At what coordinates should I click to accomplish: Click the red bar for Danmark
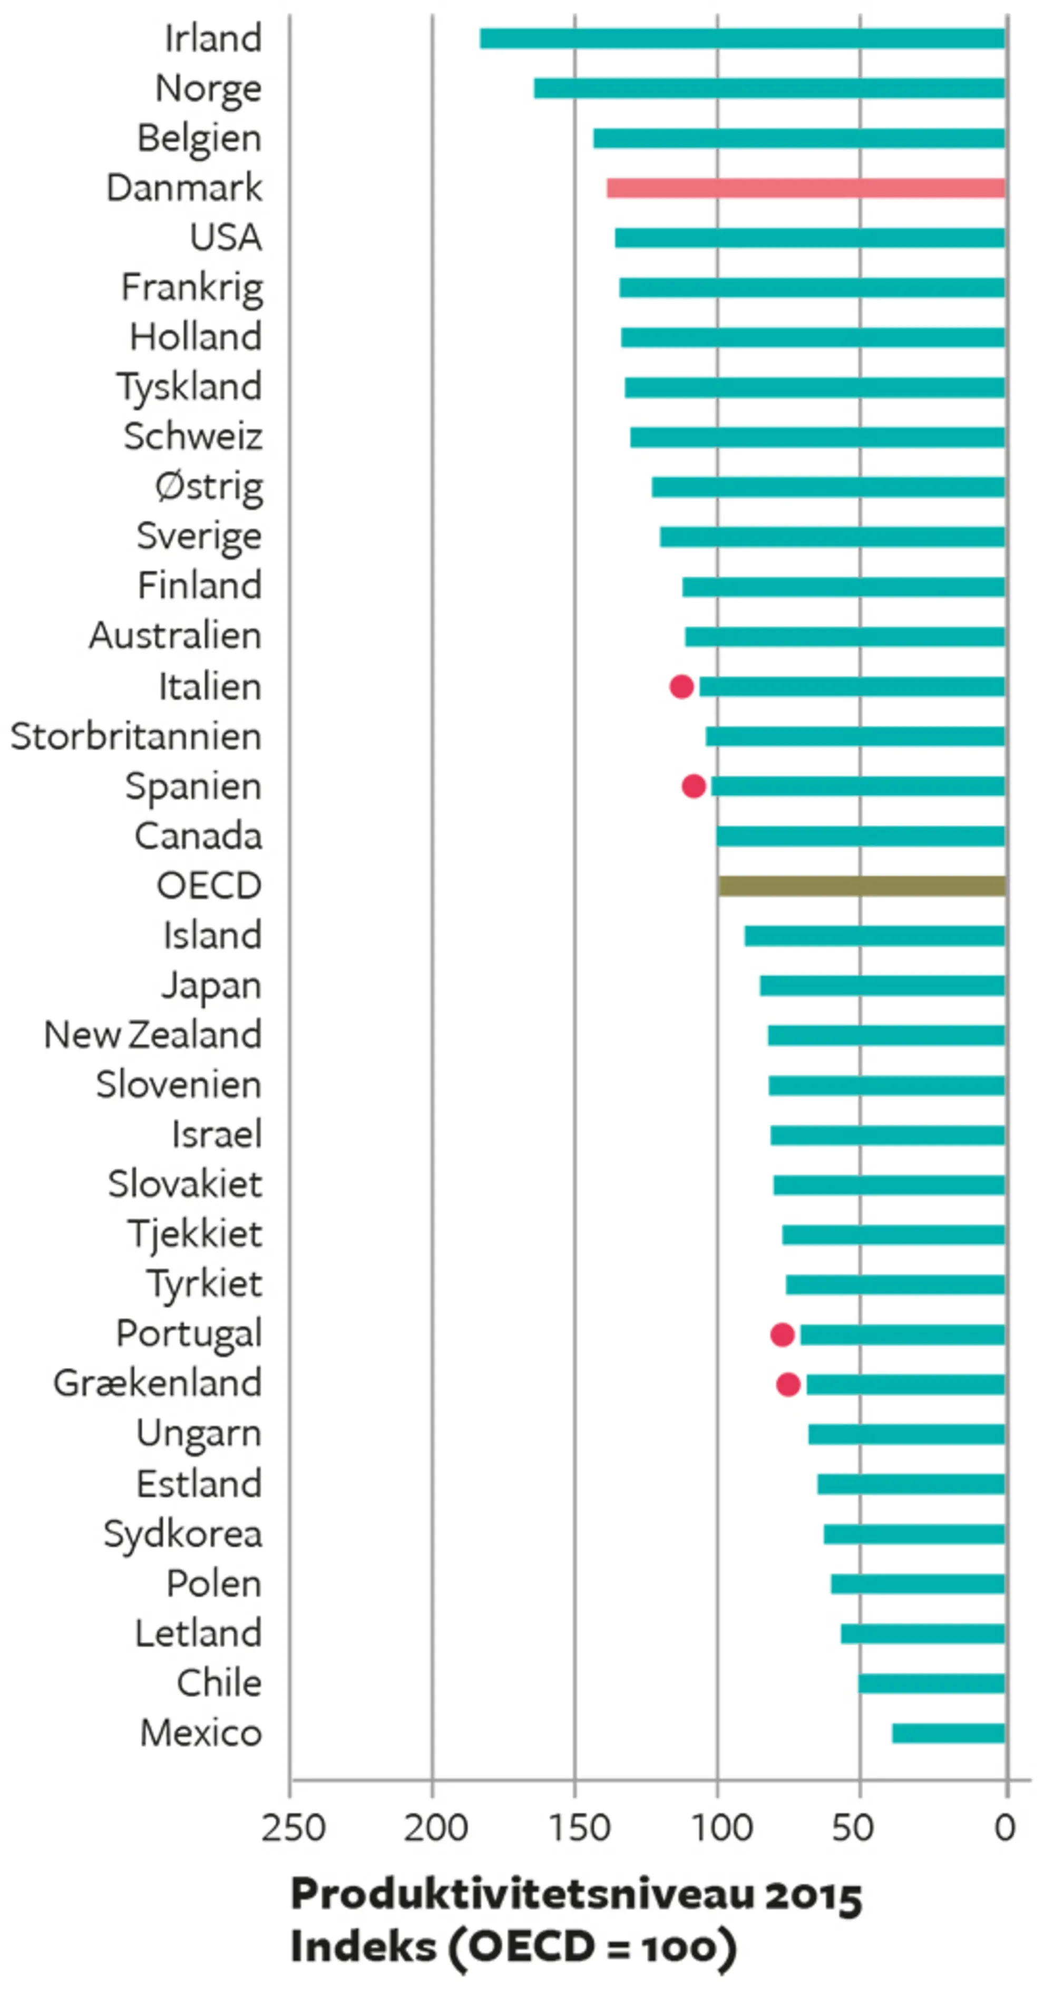point(806,188)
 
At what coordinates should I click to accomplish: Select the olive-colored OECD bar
point(862,885)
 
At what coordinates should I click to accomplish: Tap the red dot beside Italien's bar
point(681,686)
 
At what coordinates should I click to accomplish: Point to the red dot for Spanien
point(694,786)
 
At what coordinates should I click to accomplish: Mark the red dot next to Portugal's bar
point(782,1334)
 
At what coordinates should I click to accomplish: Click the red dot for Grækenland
point(788,1384)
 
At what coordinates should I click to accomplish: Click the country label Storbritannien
point(136,736)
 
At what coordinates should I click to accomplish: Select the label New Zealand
point(153,1035)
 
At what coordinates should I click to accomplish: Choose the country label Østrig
point(209,487)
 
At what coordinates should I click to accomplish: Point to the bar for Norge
point(769,88)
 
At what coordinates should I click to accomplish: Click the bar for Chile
point(931,1683)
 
